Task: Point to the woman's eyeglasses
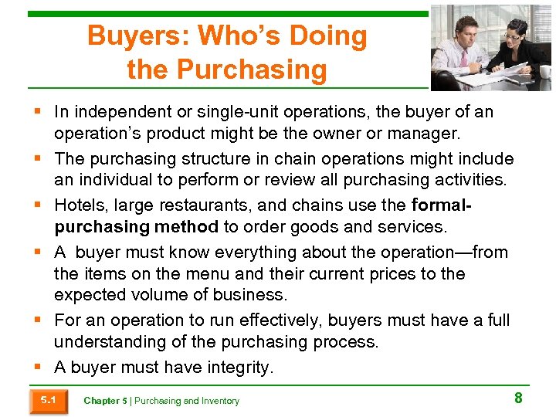[512, 36]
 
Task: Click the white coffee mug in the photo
[545, 71]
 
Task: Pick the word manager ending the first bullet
[426, 134]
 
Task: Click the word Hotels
[78, 206]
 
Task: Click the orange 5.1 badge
[47, 400]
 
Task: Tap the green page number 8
[518, 398]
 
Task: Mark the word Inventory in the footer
[219, 401]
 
